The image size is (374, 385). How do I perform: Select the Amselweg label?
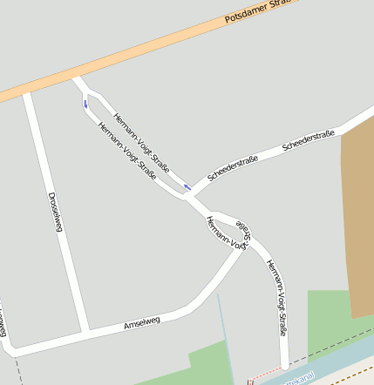[142, 324]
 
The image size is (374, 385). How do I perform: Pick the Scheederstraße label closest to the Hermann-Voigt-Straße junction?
[233, 169]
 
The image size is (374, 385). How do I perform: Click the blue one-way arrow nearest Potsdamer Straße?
[85, 104]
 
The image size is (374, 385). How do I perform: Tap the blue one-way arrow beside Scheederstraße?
[187, 186]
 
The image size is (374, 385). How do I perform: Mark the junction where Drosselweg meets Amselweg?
[85, 334]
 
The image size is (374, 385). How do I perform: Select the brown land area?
[357, 218]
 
